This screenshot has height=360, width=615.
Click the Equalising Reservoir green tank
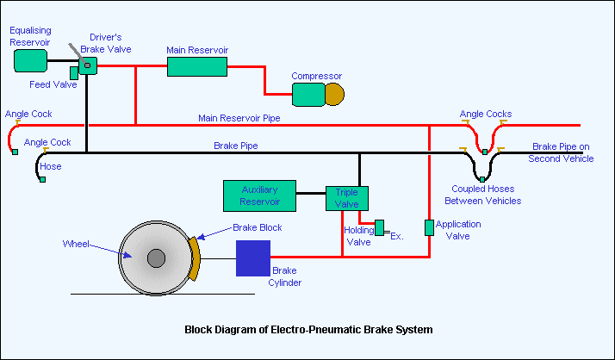pos(31,61)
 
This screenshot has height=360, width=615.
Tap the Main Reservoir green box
pos(197,66)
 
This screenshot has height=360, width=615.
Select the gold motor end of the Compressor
pos(334,94)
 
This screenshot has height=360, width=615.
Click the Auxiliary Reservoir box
pos(259,196)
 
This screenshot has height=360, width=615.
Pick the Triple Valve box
pos(347,198)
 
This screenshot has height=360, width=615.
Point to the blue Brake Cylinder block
pos(253,258)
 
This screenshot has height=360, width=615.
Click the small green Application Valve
pos(430,228)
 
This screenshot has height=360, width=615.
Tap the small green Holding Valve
pos(379,228)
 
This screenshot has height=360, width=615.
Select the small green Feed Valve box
pos(74,73)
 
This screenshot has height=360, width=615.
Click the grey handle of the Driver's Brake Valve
pos(78,54)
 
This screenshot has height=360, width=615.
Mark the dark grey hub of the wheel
pos(156,258)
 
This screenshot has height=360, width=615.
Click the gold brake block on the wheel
pos(194,258)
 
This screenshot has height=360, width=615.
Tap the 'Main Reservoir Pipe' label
pos(239,118)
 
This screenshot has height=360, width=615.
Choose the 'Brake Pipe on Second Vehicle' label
pos(561,152)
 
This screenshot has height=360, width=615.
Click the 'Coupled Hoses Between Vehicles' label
pos(483,195)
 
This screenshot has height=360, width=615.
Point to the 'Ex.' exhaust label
pos(397,237)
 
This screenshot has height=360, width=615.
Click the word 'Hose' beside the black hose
pos(51,166)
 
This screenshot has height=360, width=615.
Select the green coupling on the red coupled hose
pos(485,152)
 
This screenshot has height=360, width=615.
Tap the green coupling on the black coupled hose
pos(482,180)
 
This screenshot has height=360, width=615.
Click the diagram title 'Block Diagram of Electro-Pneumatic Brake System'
pos(308,329)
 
